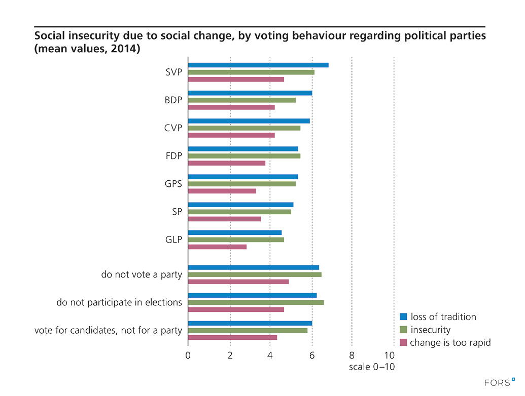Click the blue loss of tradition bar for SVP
[258, 65]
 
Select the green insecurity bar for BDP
[242, 100]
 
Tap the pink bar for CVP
[231, 135]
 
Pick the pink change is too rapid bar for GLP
[217, 247]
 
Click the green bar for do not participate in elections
[256, 302]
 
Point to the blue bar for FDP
[243, 148]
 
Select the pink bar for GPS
[222, 191]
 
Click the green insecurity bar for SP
[239, 212]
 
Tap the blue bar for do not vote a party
[254, 267]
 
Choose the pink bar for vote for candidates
[232, 337]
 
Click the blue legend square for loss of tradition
[404, 317]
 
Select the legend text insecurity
[430, 330]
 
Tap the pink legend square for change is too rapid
[404, 343]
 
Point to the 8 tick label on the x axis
[352, 355]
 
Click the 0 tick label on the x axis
[188, 355]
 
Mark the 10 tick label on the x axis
[390, 355]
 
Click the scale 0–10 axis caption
[371, 367]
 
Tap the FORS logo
[500, 382]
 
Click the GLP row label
[173, 240]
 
